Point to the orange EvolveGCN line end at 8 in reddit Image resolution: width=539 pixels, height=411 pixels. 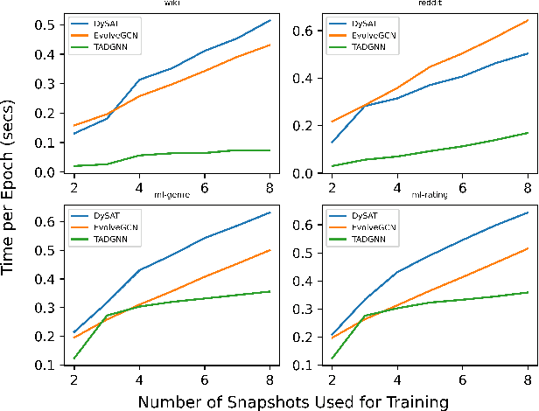pos(528,18)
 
